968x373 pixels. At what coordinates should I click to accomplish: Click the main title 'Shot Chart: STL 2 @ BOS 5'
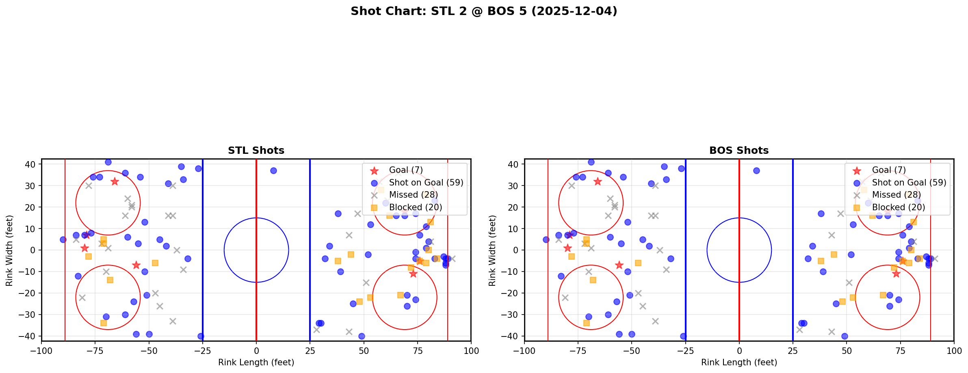483,11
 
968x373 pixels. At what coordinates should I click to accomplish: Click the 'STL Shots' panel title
256,151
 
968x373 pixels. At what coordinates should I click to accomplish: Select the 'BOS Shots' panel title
739,151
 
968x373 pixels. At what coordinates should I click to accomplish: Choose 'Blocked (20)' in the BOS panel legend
898,207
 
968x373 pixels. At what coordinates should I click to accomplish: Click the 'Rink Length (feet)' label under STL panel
256,362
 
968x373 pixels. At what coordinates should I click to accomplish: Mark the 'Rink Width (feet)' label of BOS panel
492,250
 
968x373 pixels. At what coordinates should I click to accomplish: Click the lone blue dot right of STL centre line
273,171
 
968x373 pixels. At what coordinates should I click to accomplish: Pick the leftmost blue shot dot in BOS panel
546,239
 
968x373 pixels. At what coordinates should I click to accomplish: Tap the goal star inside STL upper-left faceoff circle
115,181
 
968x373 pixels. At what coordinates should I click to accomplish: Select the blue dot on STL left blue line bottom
201,336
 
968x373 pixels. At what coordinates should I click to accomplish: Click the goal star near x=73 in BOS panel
896,274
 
